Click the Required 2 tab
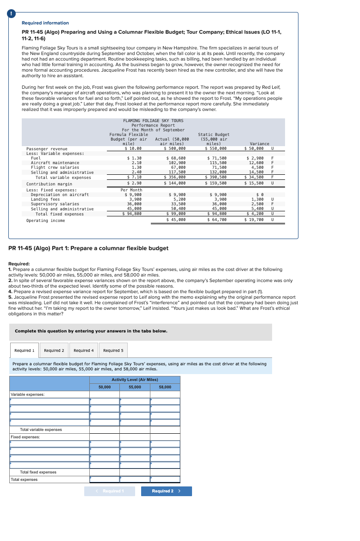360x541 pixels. pos(54,350)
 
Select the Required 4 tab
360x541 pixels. pos(84,350)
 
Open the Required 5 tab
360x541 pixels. pos(113,350)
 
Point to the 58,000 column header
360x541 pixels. pos(165,387)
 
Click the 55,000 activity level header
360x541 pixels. pos(135,387)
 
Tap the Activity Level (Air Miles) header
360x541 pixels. pos(135,380)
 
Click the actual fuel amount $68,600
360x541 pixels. pos(175,158)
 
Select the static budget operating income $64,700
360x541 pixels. pos(216,220)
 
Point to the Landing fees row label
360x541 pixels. pos(45,199)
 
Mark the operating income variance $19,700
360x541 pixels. pos(254,220)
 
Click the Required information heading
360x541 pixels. pos(45,23)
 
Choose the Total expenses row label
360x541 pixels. pos(24,480)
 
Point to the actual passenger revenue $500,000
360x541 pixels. pos(175,148)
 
